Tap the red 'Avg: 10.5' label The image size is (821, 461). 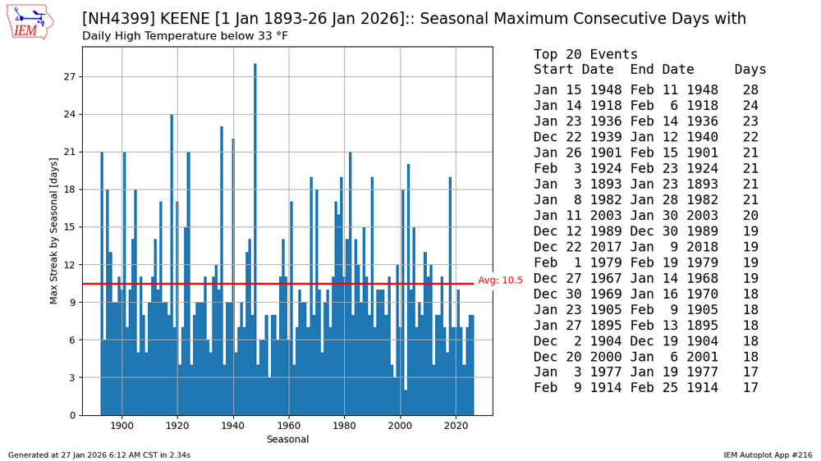(500, 281)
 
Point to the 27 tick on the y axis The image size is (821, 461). (71, 77)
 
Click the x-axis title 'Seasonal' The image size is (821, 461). (287, 440)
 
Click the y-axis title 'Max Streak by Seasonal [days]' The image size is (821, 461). (54, 230)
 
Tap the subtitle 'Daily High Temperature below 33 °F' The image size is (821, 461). (185, 36)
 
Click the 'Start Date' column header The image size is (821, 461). (574, 70)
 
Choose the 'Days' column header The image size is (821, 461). (750, 70)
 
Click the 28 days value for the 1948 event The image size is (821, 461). (750, 90)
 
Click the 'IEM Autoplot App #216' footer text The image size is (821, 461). (768, 454)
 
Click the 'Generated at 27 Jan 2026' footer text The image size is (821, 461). (99, 454)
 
